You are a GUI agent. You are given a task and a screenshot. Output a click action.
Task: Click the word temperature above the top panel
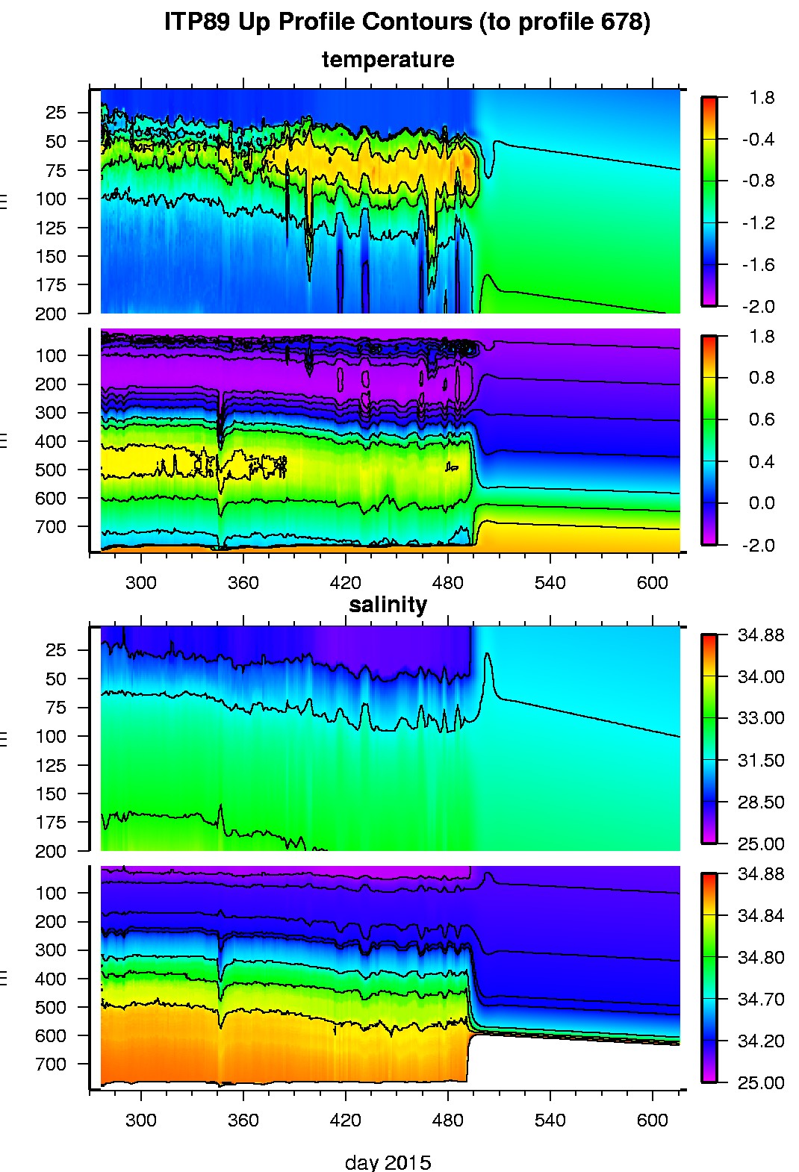coord(388,60)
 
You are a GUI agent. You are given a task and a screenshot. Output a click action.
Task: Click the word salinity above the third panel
coord(388,604)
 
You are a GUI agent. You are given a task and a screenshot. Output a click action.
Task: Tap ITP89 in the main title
coord(196,22)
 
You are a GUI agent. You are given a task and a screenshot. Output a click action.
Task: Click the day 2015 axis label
coord(388,1162)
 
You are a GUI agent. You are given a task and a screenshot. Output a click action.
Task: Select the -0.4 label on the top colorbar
coord(757,140)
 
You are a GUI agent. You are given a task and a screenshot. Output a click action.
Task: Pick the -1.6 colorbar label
coord(757,265)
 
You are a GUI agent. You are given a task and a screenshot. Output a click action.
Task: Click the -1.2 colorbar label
coord(757,223)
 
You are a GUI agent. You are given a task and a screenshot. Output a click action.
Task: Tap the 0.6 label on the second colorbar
coord(761,420)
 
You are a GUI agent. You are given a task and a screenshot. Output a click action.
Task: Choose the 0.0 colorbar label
coord(761,503)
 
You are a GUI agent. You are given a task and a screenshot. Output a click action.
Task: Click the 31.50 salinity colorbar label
coord(761,761)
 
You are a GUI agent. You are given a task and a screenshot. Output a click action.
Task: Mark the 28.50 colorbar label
coord(761,802)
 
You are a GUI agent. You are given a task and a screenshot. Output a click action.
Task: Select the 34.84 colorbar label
coord(761,916)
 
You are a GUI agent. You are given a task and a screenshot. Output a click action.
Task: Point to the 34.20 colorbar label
coord(761,1041)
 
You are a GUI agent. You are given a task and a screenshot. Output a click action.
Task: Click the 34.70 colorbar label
coord(761,1000)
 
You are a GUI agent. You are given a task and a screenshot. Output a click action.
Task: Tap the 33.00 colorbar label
coord(761,718)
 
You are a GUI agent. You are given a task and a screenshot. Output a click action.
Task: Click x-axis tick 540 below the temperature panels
coord(550,582)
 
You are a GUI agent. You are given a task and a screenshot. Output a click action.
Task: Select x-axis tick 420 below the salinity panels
coord(345,1120)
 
